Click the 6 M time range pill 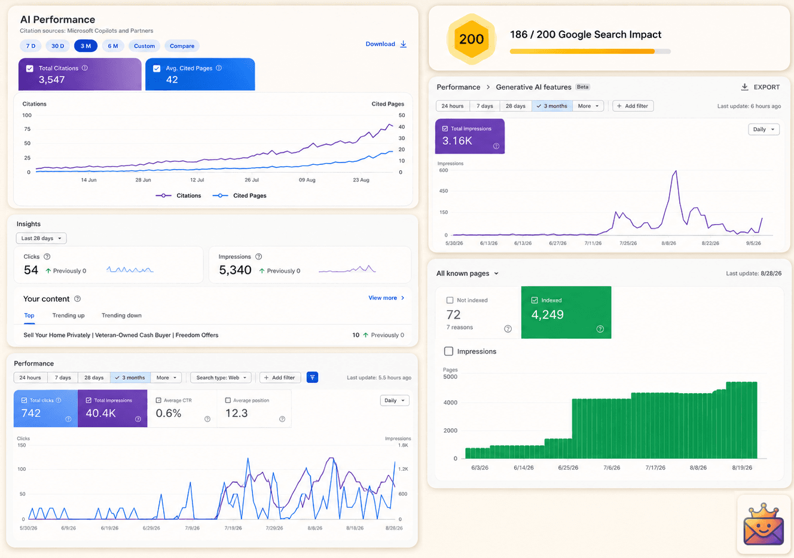tap(113, 45)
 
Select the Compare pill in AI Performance tap(182, 45)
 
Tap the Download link tap(386, 44)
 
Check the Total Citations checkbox tap(30, 68)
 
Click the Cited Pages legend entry tap(239, 195)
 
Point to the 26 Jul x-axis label tap(252, 180)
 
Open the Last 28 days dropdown tap(41, 238)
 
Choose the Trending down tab tap(121, 315)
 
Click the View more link tap(386, 298)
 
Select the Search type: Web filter tap(221, 378)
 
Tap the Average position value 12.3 tap(236, 413)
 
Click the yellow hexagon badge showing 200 tap(471, 39)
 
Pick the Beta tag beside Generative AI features tap(582, 87)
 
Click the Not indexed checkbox tap(450, 301)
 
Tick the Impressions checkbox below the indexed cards tap(449, 351)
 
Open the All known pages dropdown tap(467, 274)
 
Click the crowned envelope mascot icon tap(764, 524)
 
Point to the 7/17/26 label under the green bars tap(655, 468)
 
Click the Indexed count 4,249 tap(547, 315)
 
